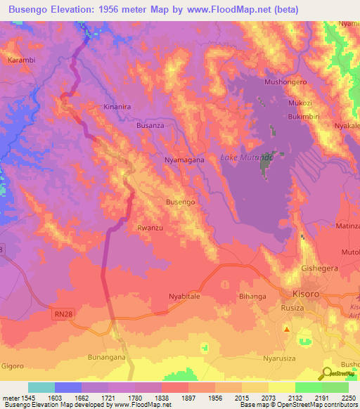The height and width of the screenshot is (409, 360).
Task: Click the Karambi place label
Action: (x=21, y=60)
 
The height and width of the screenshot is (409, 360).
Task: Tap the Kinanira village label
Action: (x=117, y=107)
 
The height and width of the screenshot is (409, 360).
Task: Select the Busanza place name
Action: (x=150, y=125)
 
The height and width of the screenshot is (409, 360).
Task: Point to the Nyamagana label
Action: (x=184, y=160)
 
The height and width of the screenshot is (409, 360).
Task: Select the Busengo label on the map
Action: (x=180, y=202)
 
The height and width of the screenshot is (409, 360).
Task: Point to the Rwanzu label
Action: (x=150, y=228)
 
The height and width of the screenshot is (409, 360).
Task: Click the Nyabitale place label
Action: (x=184, y=297)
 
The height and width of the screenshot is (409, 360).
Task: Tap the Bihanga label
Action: (x=253, y=297)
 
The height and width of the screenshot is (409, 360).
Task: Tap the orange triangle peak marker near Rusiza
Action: (x=287, y=328)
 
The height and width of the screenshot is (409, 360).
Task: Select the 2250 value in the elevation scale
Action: (x=348, y=398)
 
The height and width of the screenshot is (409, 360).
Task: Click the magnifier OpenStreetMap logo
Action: (x=327, y=373)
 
